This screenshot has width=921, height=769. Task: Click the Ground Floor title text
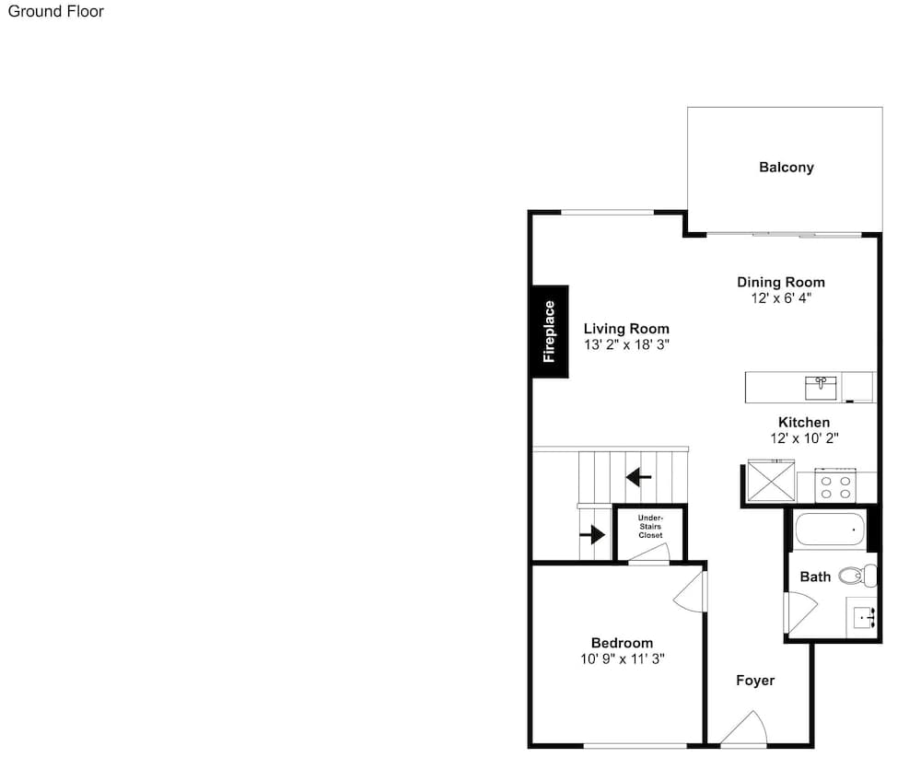[x=56, y=11]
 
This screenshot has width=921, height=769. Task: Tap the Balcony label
[x=787, y=168]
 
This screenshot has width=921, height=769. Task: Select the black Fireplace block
[x=550, y=332]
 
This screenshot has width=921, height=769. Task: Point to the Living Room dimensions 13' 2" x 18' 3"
[x=626, y=344]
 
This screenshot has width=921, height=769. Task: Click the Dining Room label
[x=781, y=282]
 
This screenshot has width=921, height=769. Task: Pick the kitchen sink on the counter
[x=821, y=388]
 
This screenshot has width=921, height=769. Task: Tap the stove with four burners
[x=835, y=486]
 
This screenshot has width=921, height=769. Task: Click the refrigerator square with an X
[x=771, y=481]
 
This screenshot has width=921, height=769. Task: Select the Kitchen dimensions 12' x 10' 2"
[x=804, y=438]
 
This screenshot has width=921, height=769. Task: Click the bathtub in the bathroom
[x=830, y=529]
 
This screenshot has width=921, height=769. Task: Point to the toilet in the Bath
[x=857, y=576]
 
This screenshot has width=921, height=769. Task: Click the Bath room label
[x=815, y=577]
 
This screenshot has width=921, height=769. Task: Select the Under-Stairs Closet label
[x=650, y=527]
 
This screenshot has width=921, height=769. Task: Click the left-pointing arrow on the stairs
[x=638, y=476]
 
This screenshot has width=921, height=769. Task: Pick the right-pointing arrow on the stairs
[x=592, y=534]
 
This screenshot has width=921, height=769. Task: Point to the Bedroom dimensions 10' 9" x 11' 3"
[x=623, y=659]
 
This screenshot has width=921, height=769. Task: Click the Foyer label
[x=755, y=681]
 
